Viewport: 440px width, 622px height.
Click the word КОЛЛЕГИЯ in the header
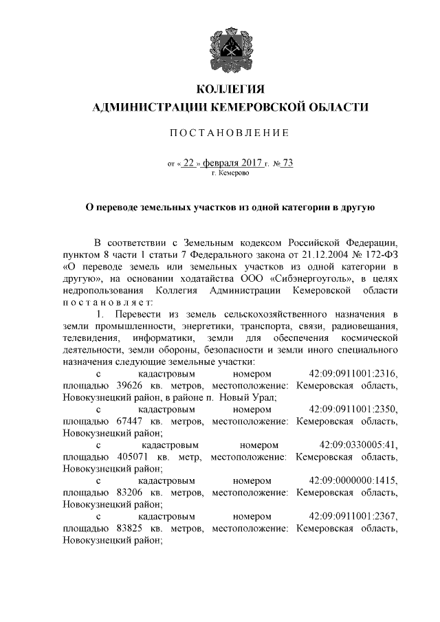coord(230,89)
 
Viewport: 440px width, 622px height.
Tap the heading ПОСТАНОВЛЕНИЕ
coord(230,133)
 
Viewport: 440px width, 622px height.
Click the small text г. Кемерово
coord(230,173)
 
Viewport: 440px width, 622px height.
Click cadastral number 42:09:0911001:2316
coord(353,373)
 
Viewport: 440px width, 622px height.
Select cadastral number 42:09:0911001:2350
coord(353,409)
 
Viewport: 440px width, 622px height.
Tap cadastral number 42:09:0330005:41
coord(358,445)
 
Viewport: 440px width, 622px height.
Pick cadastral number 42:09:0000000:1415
coord(353,480)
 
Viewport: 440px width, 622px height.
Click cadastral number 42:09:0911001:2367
coord(353,516)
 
